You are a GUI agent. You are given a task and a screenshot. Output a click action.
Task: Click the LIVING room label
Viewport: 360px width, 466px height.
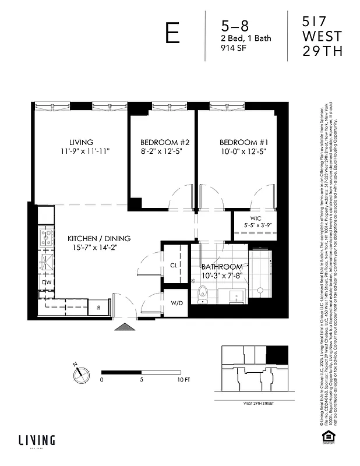(x=81, y=142)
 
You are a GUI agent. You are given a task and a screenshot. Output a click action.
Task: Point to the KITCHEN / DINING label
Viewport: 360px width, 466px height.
(x=99, y=238)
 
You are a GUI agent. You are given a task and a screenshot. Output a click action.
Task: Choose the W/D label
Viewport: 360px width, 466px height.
(x=176, y=303)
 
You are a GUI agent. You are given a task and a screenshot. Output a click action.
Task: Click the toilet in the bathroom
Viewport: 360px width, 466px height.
(x=203, y=293)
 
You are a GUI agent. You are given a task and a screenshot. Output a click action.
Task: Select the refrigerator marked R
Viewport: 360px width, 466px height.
(x=99, y=307)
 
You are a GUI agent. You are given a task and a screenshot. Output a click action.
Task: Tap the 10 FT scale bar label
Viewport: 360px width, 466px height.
(x=183, y=379)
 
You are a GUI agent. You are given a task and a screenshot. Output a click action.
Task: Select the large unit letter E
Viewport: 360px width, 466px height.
(x=172, y=34)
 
